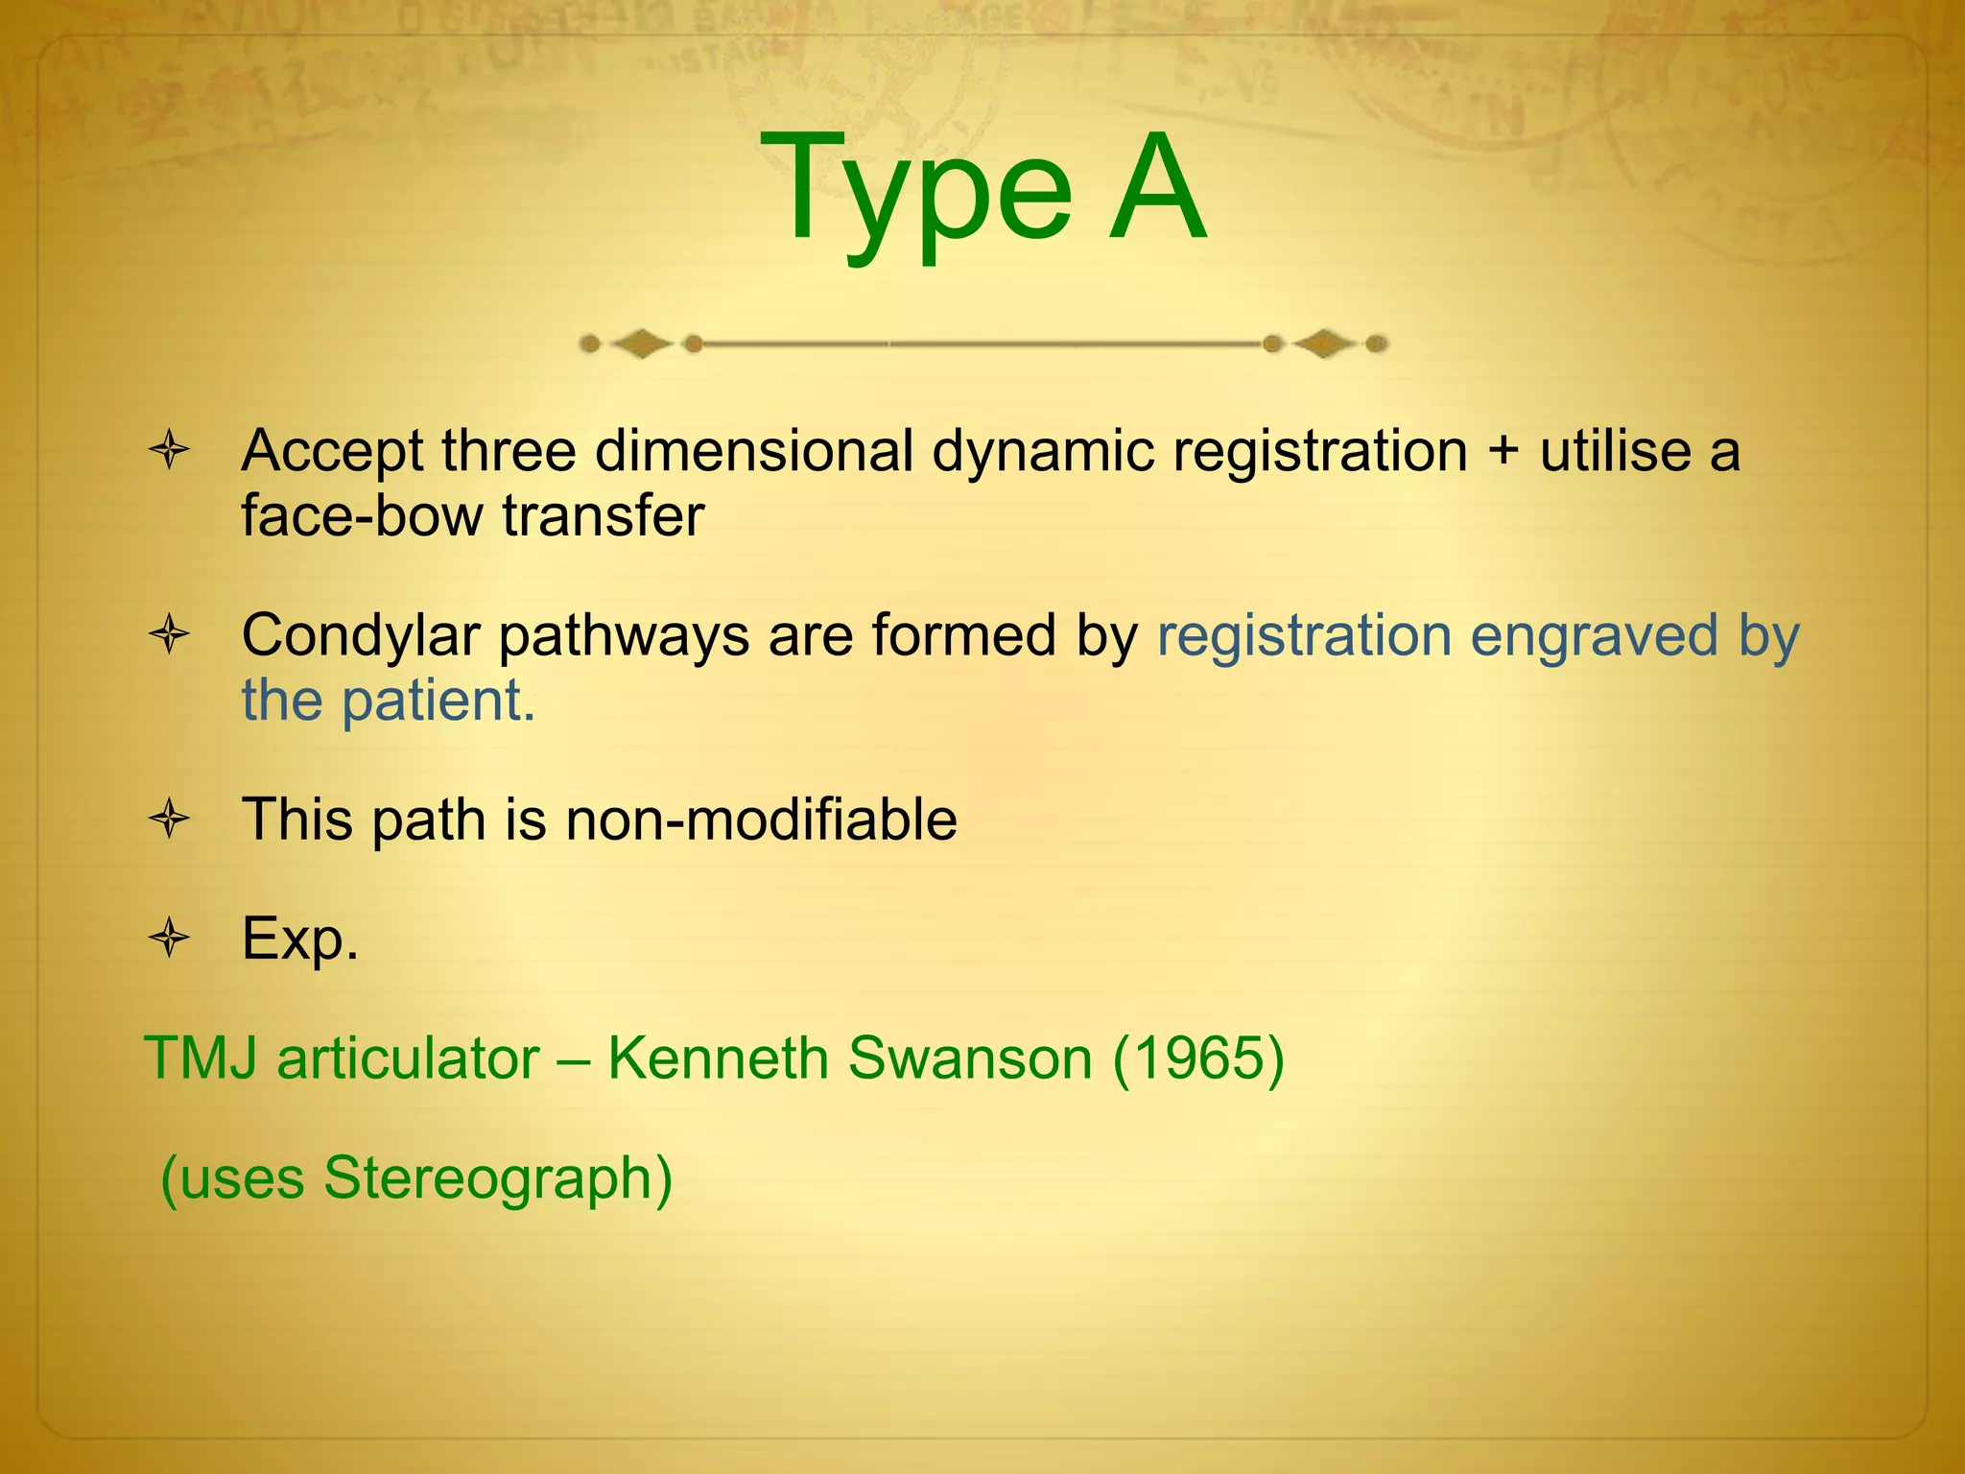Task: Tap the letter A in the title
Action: pos(1156,187)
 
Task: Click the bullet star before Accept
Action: pos(170,450)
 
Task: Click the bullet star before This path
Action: pos(170,820)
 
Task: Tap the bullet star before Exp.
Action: pos(170,938)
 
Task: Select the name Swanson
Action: pos(970,1058)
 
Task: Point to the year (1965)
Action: pos(1198,1059)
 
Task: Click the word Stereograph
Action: pos(498,1179)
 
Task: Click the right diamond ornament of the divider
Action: pos(1325,344)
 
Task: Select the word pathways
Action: pos(624,637)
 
